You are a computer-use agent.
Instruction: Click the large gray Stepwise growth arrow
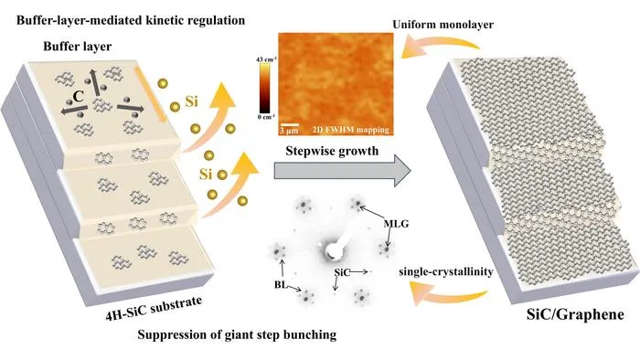(x=342, y=171)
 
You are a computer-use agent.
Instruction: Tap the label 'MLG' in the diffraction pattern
(x=396, y=224)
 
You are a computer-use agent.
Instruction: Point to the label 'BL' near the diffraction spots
(x=281, y=284)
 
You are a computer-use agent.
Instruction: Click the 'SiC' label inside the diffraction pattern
(x=342, y=272)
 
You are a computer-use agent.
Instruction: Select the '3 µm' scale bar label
(x=289, y=131)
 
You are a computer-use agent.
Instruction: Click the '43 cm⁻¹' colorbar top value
(x=266, y=59)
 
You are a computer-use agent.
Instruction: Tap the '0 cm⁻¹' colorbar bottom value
(x=266, y=117)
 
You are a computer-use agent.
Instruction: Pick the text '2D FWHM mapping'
(x=350, y=130)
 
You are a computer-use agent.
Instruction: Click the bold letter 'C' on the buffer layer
(x=78, y=96)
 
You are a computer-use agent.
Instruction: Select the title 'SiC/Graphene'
(x=575, y=314)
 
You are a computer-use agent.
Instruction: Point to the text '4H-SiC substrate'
(x=154, y=308)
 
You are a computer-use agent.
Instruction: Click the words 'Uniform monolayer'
(x=443, y=25)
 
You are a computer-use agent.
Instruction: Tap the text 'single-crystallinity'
(x=446, y=271)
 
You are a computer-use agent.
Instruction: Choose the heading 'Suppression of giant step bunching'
(x=237, y=334)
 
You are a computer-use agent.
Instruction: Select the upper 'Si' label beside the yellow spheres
(x=191, y=101)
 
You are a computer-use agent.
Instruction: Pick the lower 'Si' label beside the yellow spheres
(x=206, y=175)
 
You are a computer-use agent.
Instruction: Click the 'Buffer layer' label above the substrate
(x=78, y=47)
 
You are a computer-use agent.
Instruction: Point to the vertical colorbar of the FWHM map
(x=264, y=88)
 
